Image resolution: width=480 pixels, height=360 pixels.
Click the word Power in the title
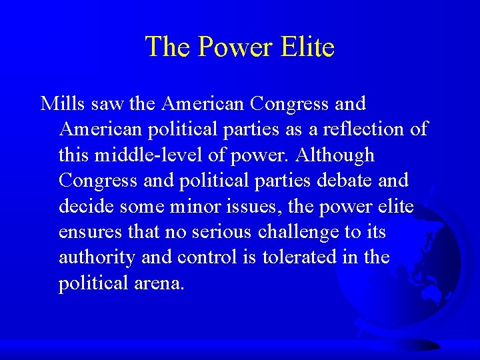click(234, 47)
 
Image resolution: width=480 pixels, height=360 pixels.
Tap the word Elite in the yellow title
click(307, 47)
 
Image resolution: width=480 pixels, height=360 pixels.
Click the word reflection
click(356, 129)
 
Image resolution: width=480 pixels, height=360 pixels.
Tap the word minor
click(195, 207)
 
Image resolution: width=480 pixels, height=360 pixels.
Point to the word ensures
click(90, 232)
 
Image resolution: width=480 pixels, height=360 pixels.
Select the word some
click(145, 207)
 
